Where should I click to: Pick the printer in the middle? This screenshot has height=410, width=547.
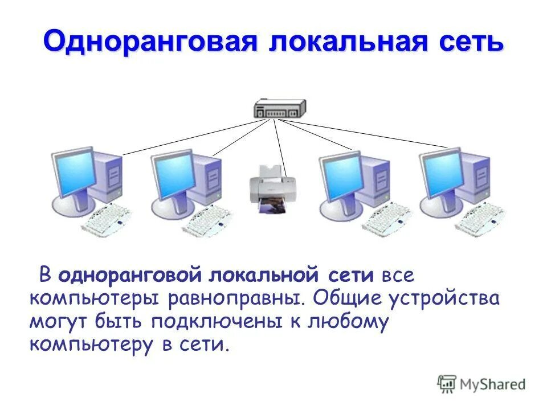tap(273, 185)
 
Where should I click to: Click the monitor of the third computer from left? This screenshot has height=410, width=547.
tap(341, 173)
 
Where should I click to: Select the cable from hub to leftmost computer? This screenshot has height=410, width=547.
tap(194, 137)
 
